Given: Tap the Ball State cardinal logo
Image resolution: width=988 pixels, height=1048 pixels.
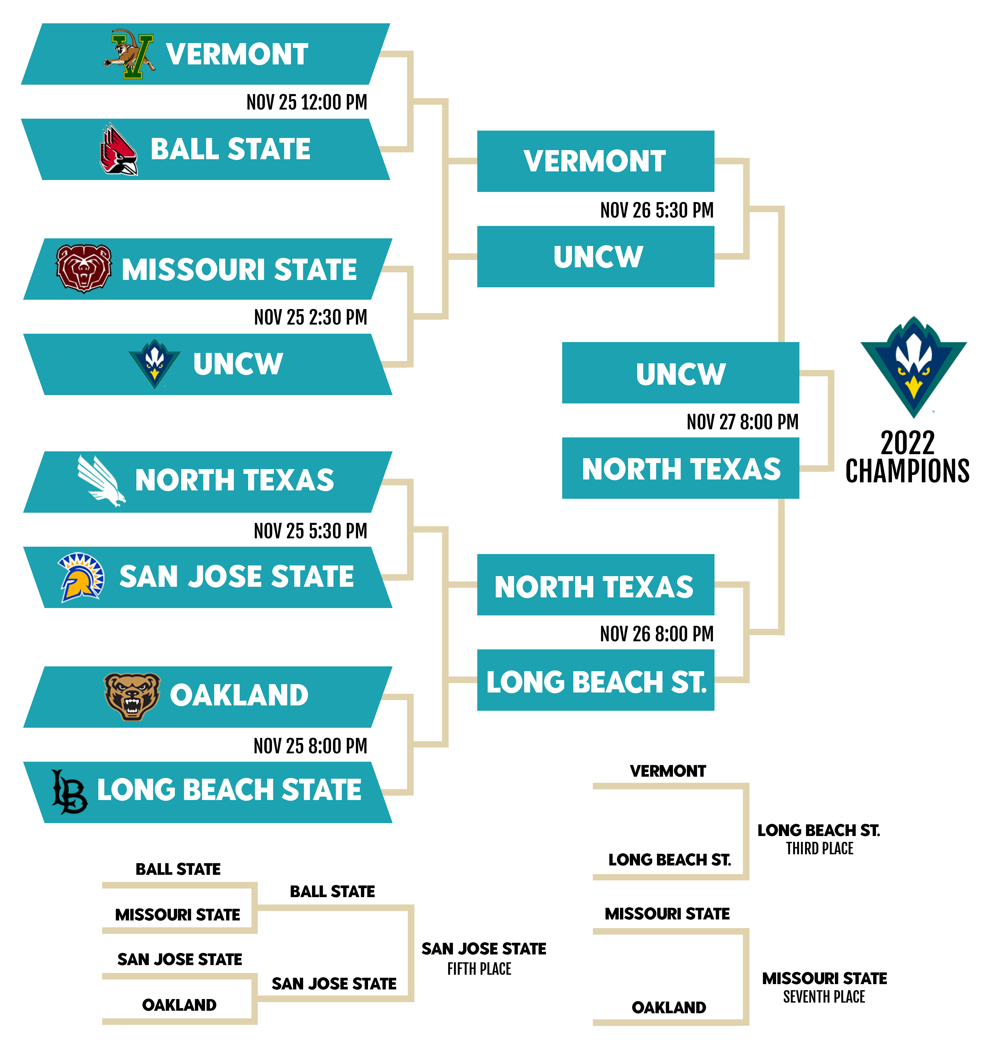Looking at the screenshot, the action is point(119,149).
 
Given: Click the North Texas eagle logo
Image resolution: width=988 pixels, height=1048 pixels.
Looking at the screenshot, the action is point(101,481).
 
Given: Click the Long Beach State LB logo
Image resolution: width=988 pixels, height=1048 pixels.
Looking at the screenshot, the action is point(69,791).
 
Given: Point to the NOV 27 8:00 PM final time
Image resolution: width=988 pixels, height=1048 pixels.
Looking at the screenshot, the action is point(742,422).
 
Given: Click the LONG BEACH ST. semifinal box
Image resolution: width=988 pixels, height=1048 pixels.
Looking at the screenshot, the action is point(595,680).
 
